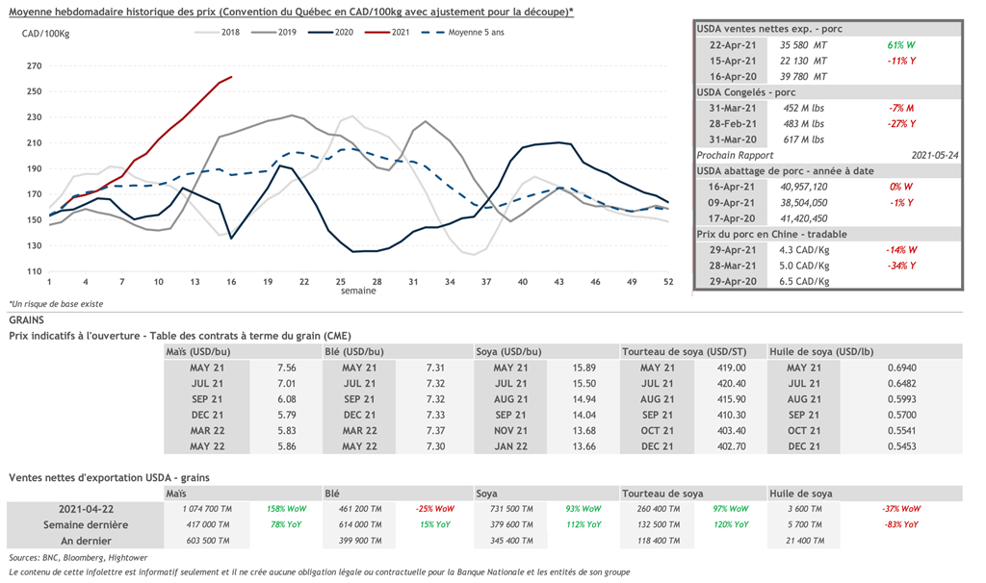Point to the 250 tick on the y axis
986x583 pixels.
pos(35,91)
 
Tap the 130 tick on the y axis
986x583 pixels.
pos(35,245)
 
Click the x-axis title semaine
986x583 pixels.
pos(358,290)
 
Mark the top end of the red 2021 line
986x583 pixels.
pos(231,77)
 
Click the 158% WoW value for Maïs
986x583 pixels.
pos(283,508)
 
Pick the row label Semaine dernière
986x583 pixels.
pos(86,524)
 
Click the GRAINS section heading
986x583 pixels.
pos(28,318)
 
